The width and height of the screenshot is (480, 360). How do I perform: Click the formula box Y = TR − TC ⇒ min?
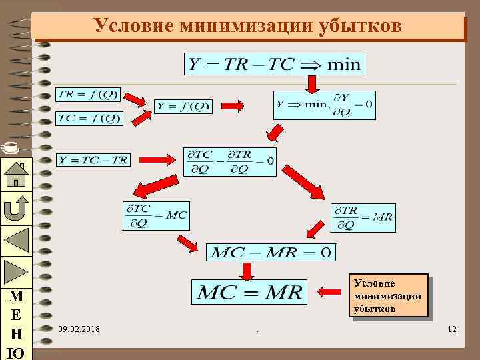(274, 64)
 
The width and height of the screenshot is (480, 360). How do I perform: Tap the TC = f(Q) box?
(89, 119)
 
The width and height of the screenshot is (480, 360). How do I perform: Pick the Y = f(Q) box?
(182, 106)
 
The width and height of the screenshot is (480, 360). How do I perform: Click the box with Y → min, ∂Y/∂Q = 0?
(324, 105)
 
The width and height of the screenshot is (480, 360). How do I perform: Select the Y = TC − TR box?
(93, 159)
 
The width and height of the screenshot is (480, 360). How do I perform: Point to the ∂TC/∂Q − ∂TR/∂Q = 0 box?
(229, 161)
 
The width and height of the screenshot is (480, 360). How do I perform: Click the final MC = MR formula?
(249, 290)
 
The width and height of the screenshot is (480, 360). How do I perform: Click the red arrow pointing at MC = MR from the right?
(330, 291)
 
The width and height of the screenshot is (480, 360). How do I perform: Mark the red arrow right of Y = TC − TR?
(153, 159)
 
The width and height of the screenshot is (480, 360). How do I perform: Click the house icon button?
(15, 175)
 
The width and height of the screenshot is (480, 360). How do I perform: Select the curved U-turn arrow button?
(15, 207)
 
